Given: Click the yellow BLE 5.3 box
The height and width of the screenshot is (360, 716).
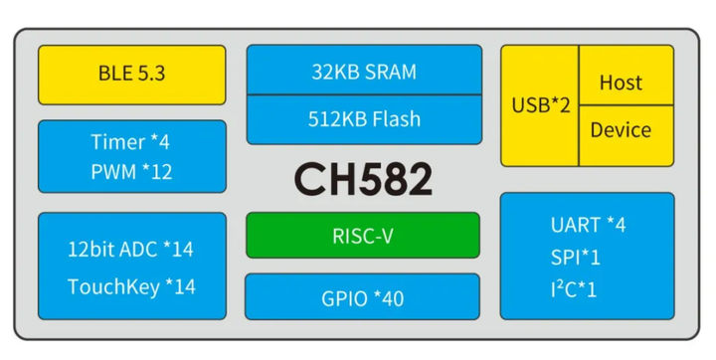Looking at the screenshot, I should (131, 73).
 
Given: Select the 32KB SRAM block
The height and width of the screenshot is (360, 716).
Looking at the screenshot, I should (364, 72).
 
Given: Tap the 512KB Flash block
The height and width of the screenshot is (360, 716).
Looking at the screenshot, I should (364, 119).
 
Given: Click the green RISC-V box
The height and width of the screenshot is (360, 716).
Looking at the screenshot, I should (363, 236).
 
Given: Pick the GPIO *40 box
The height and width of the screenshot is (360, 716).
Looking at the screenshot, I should (363, 297).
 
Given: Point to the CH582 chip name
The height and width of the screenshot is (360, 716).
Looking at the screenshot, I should (363, 180).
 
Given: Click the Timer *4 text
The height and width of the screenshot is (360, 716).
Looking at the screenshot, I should (130, 142).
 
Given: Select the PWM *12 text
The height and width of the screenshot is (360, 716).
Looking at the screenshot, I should (130, 171).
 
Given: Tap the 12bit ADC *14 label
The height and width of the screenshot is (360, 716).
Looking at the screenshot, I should (130, 247).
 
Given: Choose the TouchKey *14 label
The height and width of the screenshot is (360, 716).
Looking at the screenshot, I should (130, 286).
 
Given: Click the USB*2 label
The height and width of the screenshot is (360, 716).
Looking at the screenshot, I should (540, 105).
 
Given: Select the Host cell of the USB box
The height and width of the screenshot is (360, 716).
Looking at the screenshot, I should (621, 83).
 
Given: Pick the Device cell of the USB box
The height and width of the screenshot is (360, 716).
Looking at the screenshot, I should (621, 130).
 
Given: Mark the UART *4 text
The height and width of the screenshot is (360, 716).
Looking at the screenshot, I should (588, 225).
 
